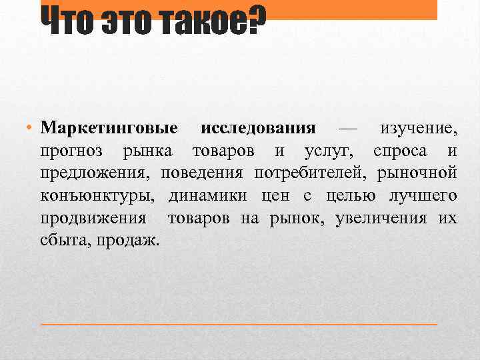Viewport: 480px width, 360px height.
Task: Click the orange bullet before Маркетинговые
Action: point(31,127)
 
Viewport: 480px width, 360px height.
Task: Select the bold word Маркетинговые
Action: point(109,127)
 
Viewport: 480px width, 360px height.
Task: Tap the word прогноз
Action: point(71,151)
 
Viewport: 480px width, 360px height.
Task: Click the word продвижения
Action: point(93,219)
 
